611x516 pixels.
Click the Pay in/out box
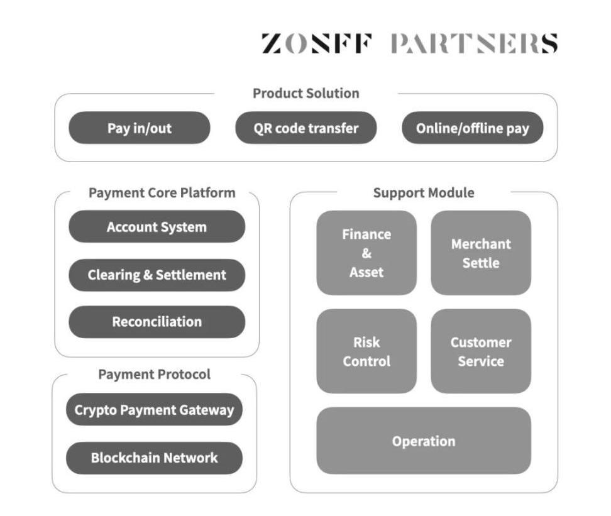[139, 128]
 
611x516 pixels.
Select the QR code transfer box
[305, 128]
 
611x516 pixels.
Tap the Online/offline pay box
[472, 128]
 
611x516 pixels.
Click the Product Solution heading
[305, 94]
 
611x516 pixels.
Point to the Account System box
[157, 227]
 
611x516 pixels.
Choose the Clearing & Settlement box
[157, 275]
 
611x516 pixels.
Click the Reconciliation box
[157, 322]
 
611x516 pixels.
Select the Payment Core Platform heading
[162, 193]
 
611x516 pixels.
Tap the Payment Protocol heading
[154, 375]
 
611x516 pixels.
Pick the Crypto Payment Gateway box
[154, 410]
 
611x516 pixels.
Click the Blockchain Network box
[154, 458]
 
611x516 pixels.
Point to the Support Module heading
[423, 193]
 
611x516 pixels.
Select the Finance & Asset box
[366, 253]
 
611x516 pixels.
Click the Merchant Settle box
[481, 253]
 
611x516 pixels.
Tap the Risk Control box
[366, 351]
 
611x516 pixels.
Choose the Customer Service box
[481, 351]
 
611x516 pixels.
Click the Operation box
[423, 441]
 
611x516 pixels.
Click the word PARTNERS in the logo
[473, 44]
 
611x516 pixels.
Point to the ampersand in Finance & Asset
[366, 253]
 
